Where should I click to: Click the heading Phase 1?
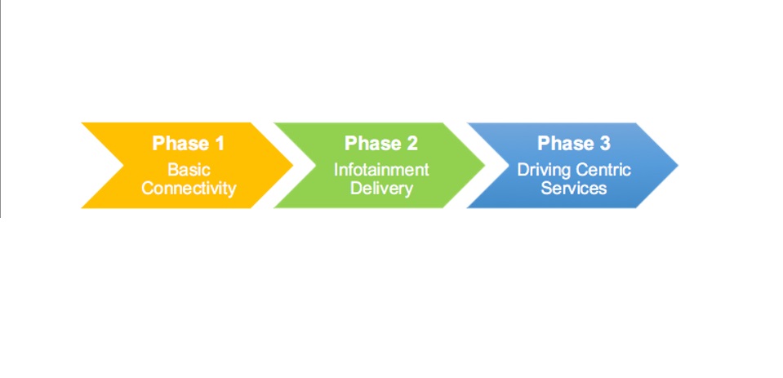(189, 144)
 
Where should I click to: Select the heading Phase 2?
(381, 144)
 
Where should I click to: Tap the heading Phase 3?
(574, 144)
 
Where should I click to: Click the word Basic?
(189, 170)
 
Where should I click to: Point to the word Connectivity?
(189, 188)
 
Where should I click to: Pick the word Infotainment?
(381, 170)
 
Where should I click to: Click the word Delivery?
(381, 188)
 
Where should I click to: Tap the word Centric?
(603, 170)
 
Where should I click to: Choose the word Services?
(574, 188)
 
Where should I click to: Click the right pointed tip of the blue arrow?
(677, 165)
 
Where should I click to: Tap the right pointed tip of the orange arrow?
(291, 165)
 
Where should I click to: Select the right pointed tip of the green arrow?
(484, 165)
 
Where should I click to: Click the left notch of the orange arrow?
(122, 165)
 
